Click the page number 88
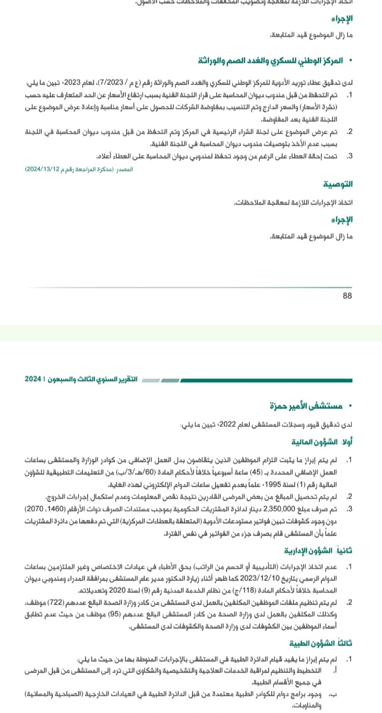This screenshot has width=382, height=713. tap(347, 296)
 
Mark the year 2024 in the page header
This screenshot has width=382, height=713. tap(33, 379)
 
